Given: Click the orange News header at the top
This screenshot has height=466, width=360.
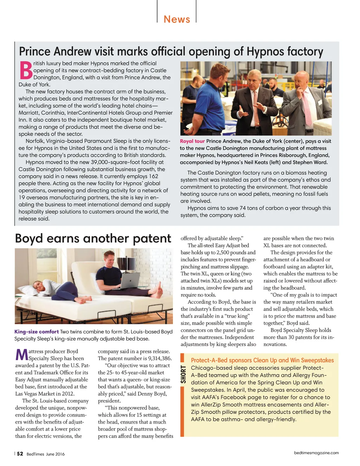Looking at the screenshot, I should coord(177,19).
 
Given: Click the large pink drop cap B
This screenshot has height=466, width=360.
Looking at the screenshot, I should coord(26,70).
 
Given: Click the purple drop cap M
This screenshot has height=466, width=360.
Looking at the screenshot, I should coord(21,355).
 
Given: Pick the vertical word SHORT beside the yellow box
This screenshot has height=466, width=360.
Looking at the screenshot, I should coord(183,374).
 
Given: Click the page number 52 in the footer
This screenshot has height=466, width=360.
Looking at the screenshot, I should coord(20,454).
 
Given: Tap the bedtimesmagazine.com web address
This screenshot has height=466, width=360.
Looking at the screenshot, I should coord(316,453).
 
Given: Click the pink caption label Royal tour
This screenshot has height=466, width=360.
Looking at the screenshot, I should coord(192,141).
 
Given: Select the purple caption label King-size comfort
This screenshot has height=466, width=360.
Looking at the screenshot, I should coord(37,332).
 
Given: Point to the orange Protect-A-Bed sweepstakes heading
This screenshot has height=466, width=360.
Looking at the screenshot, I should coord(262,360).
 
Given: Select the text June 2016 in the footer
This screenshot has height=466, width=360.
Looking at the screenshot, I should coord(55,454).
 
